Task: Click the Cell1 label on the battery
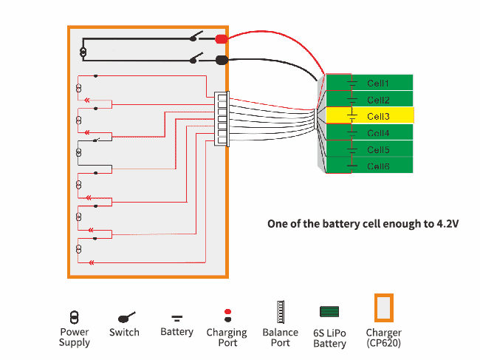pos(378,83)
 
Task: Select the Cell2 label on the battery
pos(378,100)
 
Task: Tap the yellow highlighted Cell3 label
pos(378,116)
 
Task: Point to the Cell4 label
pos(378,133)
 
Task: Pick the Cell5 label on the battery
pos(378,150)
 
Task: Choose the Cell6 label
pos(378,166)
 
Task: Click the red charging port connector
pos(221,38)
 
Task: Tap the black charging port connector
pos(221,61)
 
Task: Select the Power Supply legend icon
pos(74,316)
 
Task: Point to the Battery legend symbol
pos(177,318)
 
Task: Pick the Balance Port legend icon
pos(280,313)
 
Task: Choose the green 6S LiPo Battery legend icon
pos(329,313)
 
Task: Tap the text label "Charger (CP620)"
pos(383,338)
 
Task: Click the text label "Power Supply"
pos(75,338)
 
